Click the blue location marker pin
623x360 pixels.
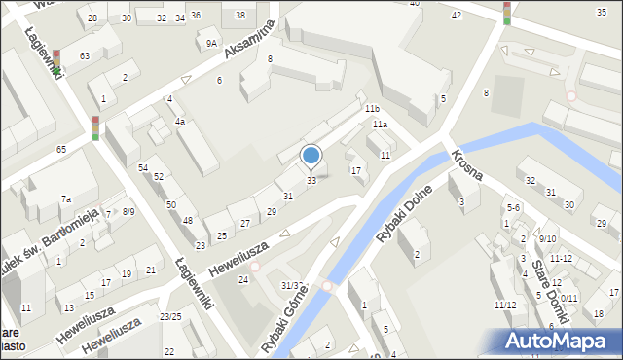[311, 156]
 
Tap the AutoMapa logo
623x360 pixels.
[560, 341]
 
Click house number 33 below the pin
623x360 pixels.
[311, 181]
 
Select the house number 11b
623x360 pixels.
[372, 109]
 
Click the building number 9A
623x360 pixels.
[211, 43]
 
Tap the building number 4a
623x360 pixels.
[180, 122]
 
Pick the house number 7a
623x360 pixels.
[66, 199]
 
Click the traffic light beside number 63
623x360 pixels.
[56, 61]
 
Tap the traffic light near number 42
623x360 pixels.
[506, 12]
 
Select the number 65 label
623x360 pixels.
[61, 149]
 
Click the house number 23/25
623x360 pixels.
[170, 317]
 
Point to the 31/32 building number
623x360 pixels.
[293, 285]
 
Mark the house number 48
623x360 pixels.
[187, 221]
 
